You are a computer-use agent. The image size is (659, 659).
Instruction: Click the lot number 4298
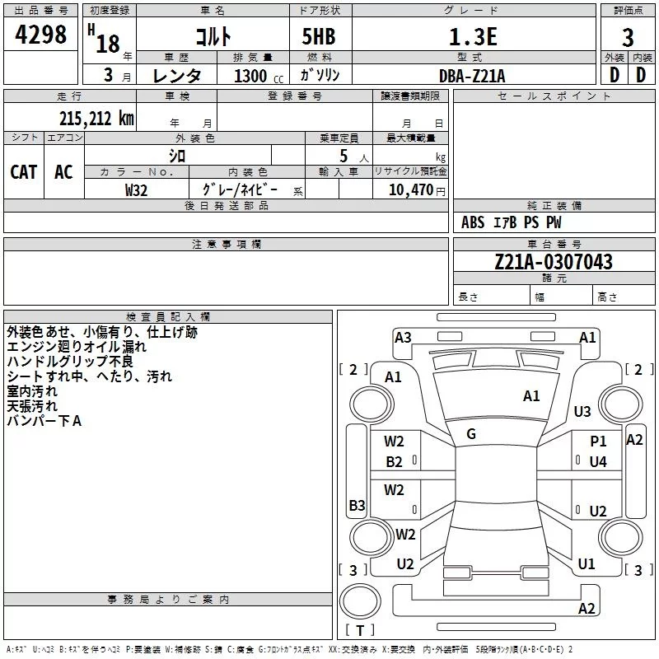pyautogui.click(x=40, y=34)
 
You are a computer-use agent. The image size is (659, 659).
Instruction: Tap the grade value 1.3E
pyautogui.click(x=473, y=36)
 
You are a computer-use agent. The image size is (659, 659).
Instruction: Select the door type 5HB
pyautogui.click(x=319, y=36)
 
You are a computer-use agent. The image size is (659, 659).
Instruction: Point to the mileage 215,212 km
pyautogui.click(x=96, y=119)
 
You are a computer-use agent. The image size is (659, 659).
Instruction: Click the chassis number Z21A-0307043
pyautogui.click(x=554, y=262)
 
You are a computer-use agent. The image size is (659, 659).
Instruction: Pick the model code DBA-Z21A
pyautogui.click(x=472, y=76)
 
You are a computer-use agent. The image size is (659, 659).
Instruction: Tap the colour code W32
pyautogui.click(x=136, y=190)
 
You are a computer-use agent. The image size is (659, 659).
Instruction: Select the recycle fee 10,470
pyautogui.click(x=411, y=190)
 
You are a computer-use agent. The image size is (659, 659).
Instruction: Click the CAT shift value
pyautogui.click(x=24, y=172)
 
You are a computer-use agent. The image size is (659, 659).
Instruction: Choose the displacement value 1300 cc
pyautogui.click(x=259, y=76)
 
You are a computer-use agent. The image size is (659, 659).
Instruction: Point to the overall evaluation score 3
pyautogui.click(x=628, y=38)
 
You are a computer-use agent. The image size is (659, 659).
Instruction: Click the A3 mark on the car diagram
pyautogui.click(x=403, y=338)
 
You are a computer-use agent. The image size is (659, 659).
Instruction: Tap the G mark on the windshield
pyautogui.click(x=471, y=434)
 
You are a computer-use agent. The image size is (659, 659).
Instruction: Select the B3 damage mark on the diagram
pyautogui.click(x=357, y=505)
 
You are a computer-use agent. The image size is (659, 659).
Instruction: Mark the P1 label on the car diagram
pyautogui.click(x=598, y=442)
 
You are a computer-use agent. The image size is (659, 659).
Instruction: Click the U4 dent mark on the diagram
pyautogui.click(x=598, y=462)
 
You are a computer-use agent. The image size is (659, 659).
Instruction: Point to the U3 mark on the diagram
pyautogui.click(x=582, y=411)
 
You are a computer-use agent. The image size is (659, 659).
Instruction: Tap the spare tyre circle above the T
pyautogui.click(x=360, y=601)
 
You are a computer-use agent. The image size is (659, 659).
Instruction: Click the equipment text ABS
pyautogui.click(x=473, y=222)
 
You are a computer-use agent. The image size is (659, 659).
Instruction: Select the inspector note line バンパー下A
pyautogui.click(x=44, y=421)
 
